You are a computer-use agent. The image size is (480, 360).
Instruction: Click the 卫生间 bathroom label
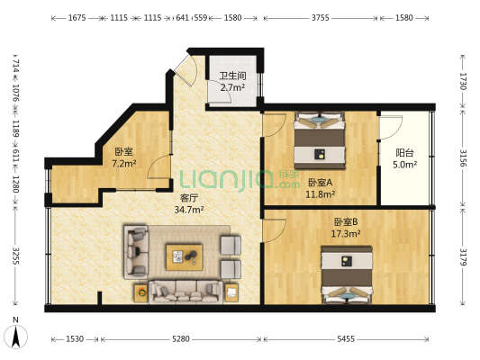click(x=232, y=76)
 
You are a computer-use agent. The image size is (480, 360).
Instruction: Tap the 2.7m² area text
click(x=232, y=88)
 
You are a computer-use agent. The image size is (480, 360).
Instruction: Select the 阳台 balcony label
click(x=404, y=153)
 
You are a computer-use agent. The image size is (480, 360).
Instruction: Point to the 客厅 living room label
click(x=189, y=198)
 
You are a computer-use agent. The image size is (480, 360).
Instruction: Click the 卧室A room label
click(x=320, y=183)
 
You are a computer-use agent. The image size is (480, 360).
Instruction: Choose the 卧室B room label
click(x=346, y=221)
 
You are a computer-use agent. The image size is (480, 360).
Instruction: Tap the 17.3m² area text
click(x=346, y=234)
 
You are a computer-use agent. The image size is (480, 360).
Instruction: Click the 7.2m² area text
click(x=123, y=164)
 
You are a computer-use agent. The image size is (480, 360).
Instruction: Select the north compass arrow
click(x=15, y=336)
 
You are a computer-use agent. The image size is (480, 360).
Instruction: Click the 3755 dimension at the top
click(x=321, y=18)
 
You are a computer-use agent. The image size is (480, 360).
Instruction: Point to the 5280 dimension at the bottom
click(x=181, y=339)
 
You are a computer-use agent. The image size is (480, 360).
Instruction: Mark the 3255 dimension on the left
click(x=16, y=256)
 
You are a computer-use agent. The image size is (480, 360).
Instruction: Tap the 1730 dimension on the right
click(x=463, y=81)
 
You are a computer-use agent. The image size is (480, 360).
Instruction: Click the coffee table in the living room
click(x=185, y=257)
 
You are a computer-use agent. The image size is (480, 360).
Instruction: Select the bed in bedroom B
click(x=347, y=275)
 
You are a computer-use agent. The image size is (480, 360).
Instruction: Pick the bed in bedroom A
click(x=320, y=140)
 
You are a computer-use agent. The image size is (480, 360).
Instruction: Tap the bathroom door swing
click(x=220, y=91)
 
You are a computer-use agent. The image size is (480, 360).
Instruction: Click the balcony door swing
click(x=391, y=128)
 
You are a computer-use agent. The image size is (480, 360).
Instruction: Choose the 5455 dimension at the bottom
click(x=346, y=339)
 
